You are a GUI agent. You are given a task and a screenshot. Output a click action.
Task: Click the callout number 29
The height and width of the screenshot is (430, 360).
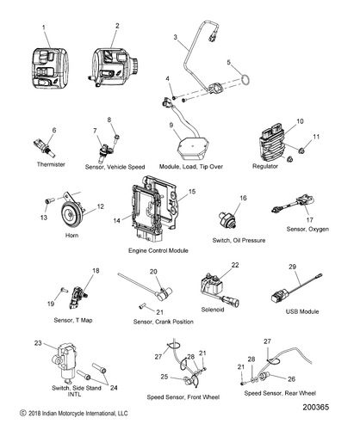point(292,269)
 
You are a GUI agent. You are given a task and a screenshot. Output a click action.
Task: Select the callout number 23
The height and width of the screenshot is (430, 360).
point(38,343)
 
